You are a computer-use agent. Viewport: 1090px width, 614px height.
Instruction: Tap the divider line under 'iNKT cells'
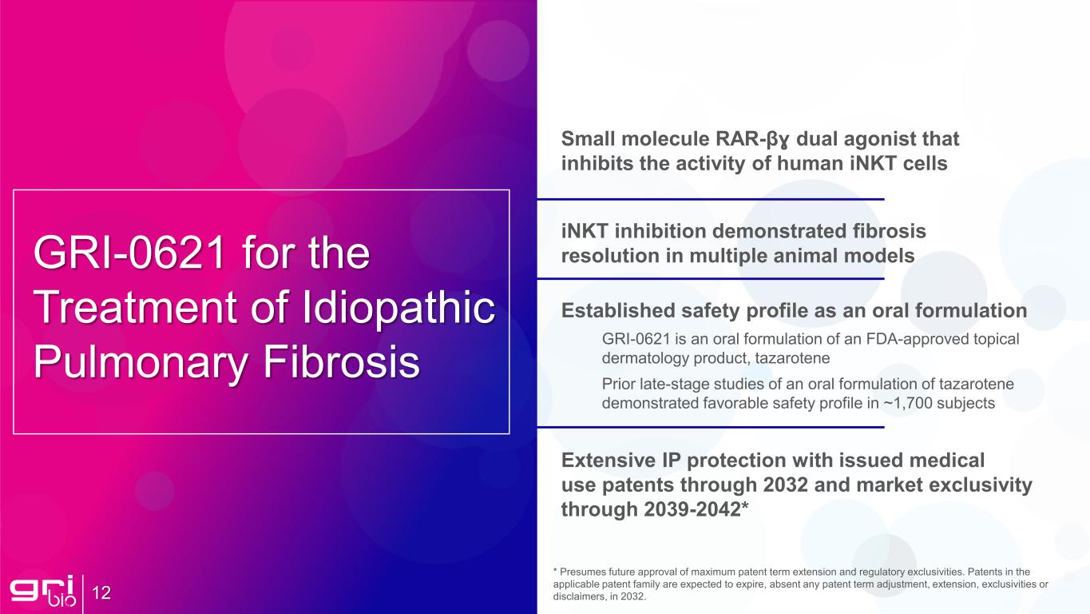point(710,198)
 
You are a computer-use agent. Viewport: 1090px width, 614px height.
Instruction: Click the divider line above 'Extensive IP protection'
point(710,427)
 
